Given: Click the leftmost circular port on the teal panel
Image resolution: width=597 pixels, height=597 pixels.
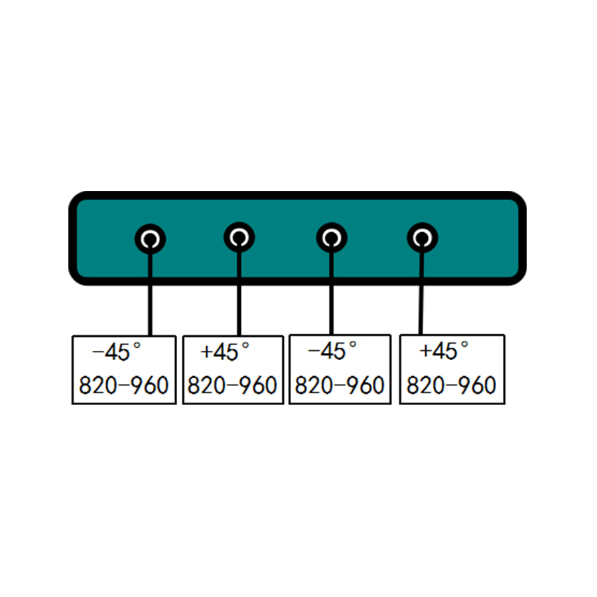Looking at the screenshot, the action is tap(150, 239).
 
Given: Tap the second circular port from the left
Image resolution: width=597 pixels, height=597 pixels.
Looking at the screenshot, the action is tap(239, 237).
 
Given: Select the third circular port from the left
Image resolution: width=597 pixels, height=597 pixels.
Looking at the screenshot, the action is tap(332, 237).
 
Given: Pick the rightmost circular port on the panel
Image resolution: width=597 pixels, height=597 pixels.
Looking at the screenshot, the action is tap(423, 237).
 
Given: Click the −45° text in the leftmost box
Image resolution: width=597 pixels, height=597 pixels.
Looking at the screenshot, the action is tap(117, 352).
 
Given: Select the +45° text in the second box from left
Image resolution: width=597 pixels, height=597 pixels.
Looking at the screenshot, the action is tap(225, 352).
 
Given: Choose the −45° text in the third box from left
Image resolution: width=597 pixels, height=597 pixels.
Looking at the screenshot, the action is tap(332, 350).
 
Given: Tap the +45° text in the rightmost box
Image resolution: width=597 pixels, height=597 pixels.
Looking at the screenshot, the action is tap(444, 350).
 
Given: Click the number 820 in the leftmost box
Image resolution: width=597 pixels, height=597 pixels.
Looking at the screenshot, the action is tap(98, 385).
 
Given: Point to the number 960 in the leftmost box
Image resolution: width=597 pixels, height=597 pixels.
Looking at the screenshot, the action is tap(150, 385).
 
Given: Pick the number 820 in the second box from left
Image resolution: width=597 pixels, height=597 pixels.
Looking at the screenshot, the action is tap(206, 385).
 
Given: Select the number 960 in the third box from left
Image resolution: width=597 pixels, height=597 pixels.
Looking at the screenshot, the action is tap(365, 385).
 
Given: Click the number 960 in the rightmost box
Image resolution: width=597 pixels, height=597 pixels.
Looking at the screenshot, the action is tap(477, 385).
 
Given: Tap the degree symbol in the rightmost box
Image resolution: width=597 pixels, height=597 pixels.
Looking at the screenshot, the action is tap(464, 344).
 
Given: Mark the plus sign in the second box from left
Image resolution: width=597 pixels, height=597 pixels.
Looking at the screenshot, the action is tap(206, 352).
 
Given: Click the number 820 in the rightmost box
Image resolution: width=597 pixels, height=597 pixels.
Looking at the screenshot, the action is tap(426, 385).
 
